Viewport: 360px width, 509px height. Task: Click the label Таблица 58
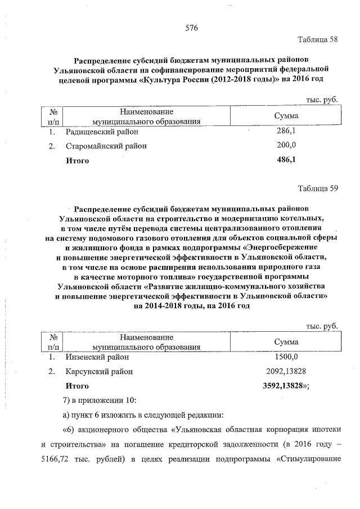[x=318, y=39]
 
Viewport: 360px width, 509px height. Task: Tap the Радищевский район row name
[x=101, y=132]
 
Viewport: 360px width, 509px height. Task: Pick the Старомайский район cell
[x=106, y=146]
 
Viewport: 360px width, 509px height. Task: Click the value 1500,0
[x=286, y=357]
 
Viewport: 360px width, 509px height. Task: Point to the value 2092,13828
[x=286, y=372]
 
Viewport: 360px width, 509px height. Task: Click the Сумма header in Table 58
[x=286, y=116]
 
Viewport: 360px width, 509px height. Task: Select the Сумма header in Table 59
[x=286, y=342]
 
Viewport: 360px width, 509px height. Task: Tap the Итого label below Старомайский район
[x=78, y=160]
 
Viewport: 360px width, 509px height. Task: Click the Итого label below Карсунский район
[x=78, y=386]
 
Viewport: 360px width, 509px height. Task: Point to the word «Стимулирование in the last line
[x=307, y=470]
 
